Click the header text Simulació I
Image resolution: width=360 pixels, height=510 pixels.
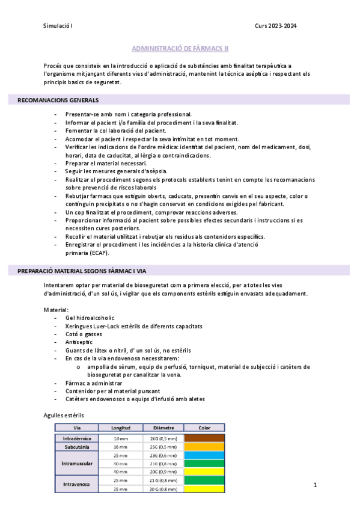(58, 26)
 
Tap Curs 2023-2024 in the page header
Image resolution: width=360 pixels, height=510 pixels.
(276, 26)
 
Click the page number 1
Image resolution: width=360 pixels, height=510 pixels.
(315, 485)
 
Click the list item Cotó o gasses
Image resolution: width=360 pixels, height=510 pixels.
(84, 334)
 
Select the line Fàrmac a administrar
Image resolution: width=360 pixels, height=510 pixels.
(93, 382)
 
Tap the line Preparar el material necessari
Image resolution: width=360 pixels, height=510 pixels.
(106, 163)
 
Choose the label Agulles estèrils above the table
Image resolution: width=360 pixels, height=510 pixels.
(64, 415)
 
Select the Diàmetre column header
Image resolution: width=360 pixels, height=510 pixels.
(163, 428)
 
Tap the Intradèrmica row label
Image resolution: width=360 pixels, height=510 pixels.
(76, 438)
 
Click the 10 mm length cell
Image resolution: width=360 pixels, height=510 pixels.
(120, 438)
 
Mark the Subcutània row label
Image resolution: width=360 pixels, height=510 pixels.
(76, 447)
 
